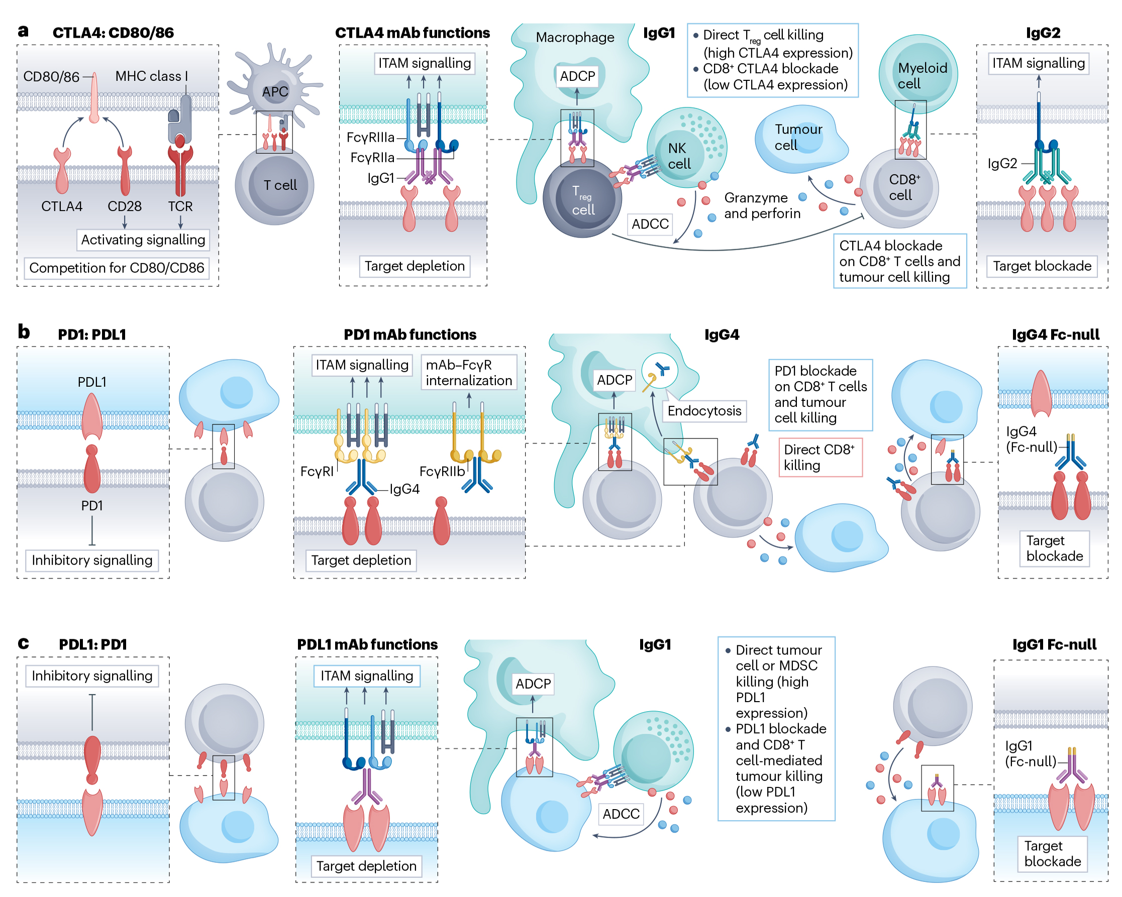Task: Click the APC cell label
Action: pyautogui.click(x=275, y=91)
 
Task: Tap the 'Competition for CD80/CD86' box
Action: pyautogui.click(x=117, y=268)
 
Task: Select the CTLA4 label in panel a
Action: pyautogui.click(x=61, y=206)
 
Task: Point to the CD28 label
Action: pyautogui.click(x=125, y=206)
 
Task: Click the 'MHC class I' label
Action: pyautogui.click(x=151, y=76)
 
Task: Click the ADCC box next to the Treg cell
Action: pyautogui.click(x=650, y=224)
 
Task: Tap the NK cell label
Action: pyautogui.click(x=679, y=156)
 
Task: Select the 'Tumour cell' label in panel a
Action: pyautogui.click(x=798, y=137)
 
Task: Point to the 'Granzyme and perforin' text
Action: pyautogui.click(x=762, y=205)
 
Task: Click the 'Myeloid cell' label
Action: pyautogui.click(x=922, y=75)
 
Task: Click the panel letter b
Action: pyautogui.click(x=24, y=332)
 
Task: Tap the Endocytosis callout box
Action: pyautogui.click(x=703, y=411)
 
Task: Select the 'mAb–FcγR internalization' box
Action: pyautogui.click(x=468, y=373)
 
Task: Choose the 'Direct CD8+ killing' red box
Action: pyautogui.click(x=820, y=458)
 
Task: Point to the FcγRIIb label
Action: pyautogui.click(x=441, y=472)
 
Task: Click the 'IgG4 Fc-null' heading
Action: pyautogui.click(x=1055, y=334)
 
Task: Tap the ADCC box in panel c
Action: pyautogui.click(x=621, y=814)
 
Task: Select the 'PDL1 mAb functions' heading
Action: pyautogui.click(x=367, y=645)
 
